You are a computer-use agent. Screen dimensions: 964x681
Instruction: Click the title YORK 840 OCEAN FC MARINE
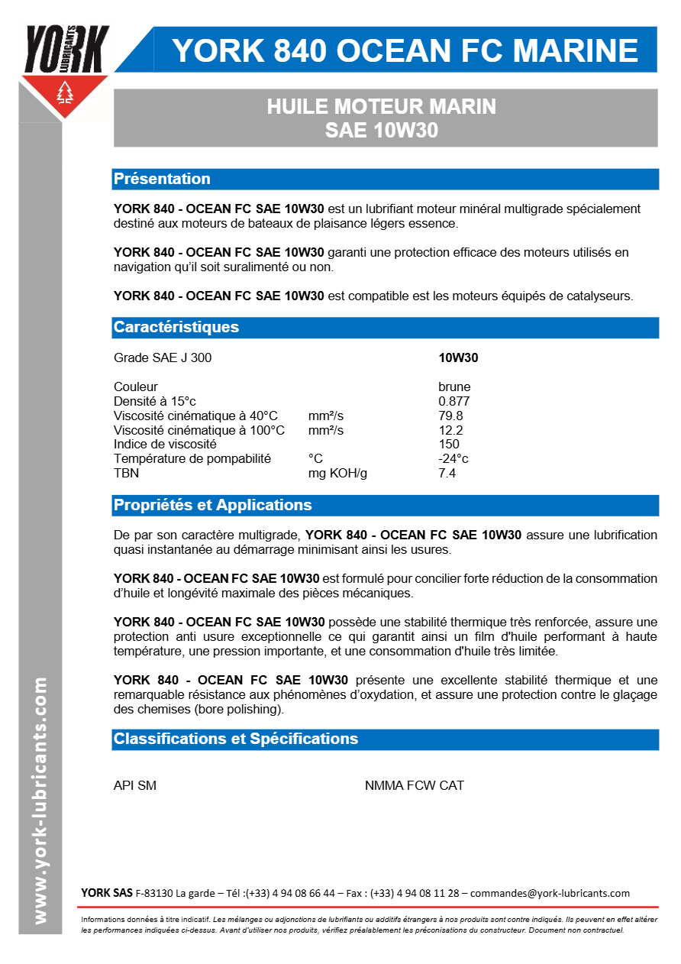pyautogui.click(x=405, y=50)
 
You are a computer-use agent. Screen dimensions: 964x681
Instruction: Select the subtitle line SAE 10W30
pyautogui.click(x=381, y=131)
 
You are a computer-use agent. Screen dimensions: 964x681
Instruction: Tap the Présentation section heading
pyautogui.click(x=162, y=179)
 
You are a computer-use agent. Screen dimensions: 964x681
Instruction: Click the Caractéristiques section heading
pyautogui.click(x=176, y=327)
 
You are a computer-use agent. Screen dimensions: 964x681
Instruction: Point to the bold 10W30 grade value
pyautogui.click(x=458, y=357)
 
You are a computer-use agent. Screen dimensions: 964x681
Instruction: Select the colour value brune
pyautogui.click(x=454, y=387)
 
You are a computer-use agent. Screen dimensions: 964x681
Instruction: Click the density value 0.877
pyautogui.click(x=453, y=401)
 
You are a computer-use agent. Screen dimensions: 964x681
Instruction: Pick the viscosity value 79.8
pyautogui.click(x=450, y=416)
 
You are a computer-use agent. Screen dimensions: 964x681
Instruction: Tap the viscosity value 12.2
pyautogui.click(x=450, y=430)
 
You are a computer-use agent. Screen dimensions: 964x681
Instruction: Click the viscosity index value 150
pyautogui.click(x=449, y=444)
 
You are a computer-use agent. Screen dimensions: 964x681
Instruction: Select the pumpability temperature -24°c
pyautogui.click(x=453, y=458)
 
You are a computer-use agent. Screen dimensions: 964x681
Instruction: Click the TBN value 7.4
pyautogui.click(x=447, y=473)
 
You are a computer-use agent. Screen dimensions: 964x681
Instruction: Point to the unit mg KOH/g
pyautogui.click(x=337, y=473)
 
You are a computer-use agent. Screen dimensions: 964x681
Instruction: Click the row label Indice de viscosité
pyautogui.click(x=165, y=444)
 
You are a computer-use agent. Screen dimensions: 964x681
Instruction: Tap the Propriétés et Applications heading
pyautogui.click(x=212, y=505)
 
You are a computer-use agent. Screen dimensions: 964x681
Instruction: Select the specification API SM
pyautogui.click(x=135, y=785)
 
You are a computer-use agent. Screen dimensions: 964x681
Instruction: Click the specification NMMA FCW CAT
pyautogui.click(x=414, y=785)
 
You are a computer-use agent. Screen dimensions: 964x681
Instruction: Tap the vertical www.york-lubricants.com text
pyautogui.click(x=40, y=799)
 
